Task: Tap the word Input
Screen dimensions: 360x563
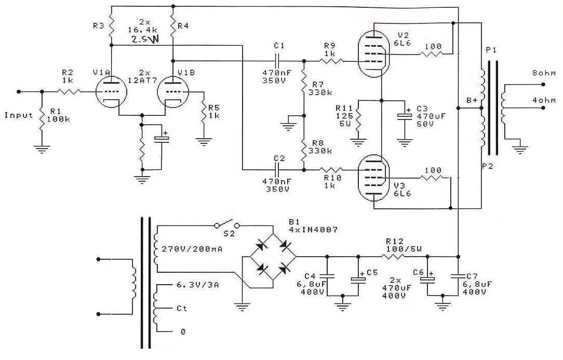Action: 19,115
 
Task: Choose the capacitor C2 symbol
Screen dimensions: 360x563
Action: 279,169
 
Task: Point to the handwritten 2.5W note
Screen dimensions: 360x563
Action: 145,39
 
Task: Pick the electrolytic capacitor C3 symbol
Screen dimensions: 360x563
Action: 404,116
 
